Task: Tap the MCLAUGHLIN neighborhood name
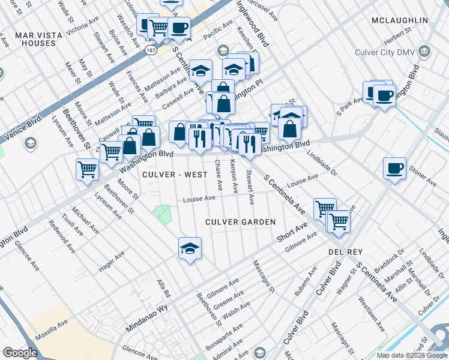tap(399, 20)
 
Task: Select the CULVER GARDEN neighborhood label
tap(240, 222)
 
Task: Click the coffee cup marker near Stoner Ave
tap(394, 169)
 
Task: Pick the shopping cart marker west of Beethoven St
tap(88, 170)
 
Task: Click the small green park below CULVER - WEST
tap(161, 212)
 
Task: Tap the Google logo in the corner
tap(19, 353)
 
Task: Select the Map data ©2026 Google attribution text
tap(411, 355)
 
